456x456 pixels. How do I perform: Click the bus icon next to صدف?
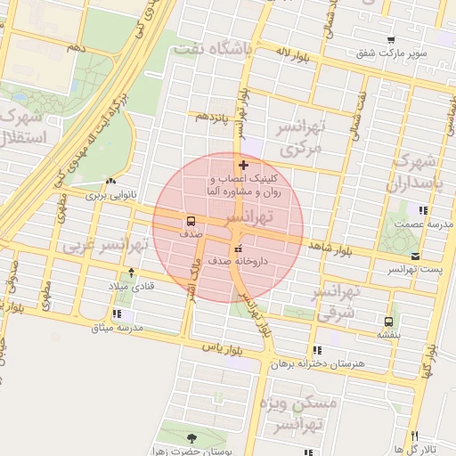click(x=191, y=221)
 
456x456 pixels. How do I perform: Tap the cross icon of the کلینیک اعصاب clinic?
click(x=244, y=166)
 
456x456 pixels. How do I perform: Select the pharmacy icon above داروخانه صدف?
click(x=238, y=248)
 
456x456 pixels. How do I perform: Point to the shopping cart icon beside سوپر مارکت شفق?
click(x=391, y=39)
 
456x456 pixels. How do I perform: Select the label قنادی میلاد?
click(x=131, y=286)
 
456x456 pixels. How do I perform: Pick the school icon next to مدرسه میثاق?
click(x=118, y=313)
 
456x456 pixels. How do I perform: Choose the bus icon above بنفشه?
click(x=388, y=322)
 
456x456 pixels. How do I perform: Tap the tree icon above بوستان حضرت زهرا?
click(x=192, y=437)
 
